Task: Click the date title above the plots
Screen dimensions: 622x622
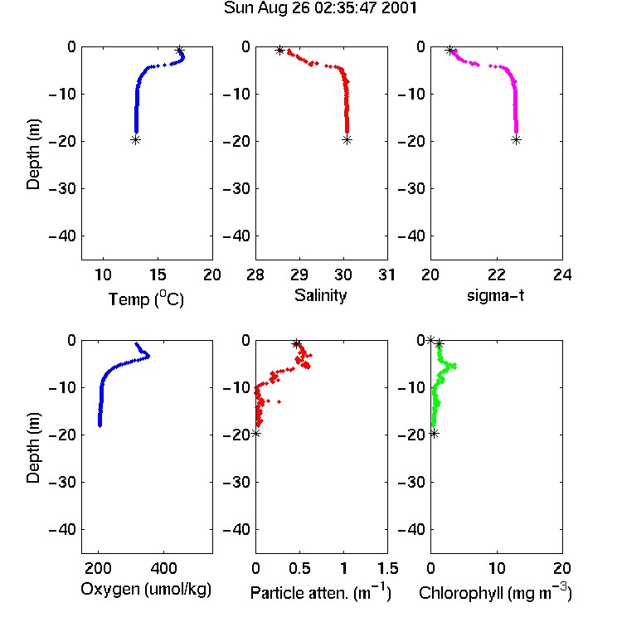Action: click(320, 8)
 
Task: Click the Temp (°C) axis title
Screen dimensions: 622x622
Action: click(146, 299)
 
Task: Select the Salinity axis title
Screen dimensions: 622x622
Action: click(320, 295)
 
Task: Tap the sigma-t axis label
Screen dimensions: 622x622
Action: click(495, 295)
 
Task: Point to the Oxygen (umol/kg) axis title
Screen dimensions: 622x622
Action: click(146, 590)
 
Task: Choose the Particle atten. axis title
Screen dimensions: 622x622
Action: click(320, 592)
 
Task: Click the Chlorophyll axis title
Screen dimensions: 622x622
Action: click(495, 592)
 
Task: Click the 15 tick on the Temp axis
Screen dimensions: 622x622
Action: click(158, 275)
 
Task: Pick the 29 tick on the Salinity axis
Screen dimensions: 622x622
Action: click(299, 275)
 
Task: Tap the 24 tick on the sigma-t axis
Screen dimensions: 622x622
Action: click(562, 275)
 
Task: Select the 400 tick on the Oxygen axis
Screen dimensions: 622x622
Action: click(163, 568)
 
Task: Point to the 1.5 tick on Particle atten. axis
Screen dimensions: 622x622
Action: click(387, 568)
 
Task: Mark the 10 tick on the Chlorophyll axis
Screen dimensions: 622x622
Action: click(497, 568)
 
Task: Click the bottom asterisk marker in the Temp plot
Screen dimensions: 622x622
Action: click(136, 139)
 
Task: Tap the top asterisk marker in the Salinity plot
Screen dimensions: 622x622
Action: click(279, 51)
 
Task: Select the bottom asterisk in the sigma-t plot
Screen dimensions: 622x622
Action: click(516, 139)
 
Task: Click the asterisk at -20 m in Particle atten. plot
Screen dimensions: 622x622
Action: click(256, 433)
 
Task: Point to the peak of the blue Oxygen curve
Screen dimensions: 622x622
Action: click(148, 356)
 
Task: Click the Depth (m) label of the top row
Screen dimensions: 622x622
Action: click(33, 154)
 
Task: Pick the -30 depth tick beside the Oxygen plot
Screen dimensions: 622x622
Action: click(62, 482)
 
